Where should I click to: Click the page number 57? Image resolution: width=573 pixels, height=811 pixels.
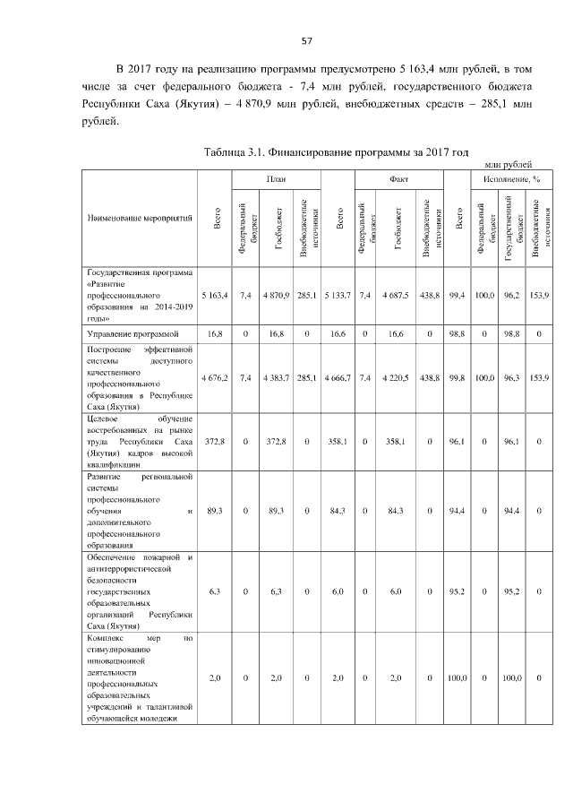[305, 40]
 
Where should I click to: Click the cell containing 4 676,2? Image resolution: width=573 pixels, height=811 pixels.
[217, 379]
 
